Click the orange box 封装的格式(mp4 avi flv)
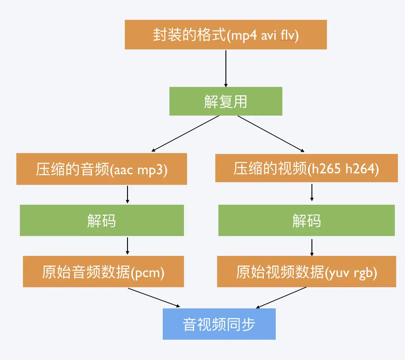[225, 34]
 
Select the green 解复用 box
[225, 101]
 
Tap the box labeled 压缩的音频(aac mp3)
[101, 169]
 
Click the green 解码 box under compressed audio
[101, 220]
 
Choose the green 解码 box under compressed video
[307, 220]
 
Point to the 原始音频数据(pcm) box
[103, 272]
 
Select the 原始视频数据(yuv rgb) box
[307, 272]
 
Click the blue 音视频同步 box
[219, 324]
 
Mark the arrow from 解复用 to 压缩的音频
[185, 133]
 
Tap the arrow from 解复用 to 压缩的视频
[270, 134]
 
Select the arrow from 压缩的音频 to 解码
[127, 194]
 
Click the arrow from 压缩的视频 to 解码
[312, 193]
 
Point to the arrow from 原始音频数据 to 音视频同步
[154, 297]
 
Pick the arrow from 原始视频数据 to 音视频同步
[281, 297]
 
